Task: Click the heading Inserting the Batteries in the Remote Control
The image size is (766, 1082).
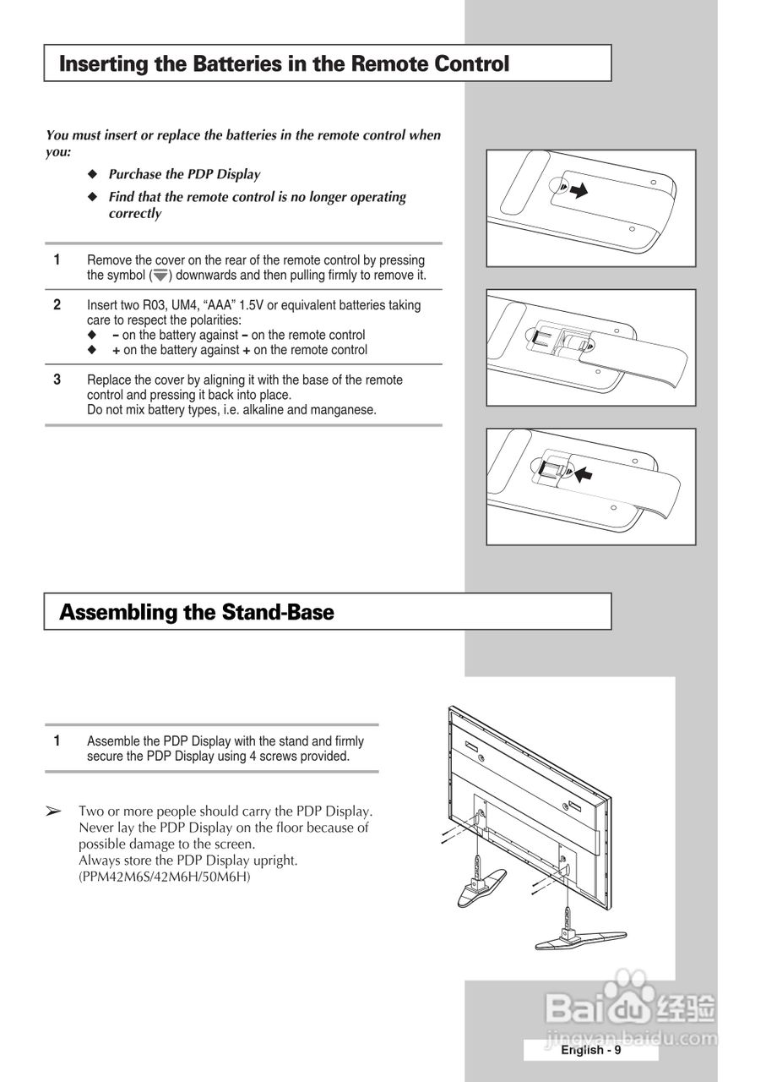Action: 284,63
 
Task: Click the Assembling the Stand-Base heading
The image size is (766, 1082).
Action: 197,612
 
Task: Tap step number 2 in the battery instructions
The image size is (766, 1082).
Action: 57,304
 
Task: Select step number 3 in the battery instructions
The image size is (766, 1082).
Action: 57,380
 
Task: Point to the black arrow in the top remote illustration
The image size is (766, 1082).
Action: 578,192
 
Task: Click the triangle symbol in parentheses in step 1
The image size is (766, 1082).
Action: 160,276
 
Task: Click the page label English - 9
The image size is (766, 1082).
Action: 591,1050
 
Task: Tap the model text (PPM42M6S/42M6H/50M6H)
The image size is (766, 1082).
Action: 165,877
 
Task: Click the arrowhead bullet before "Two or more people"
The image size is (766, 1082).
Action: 53,811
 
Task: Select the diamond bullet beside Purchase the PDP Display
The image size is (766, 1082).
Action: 94,175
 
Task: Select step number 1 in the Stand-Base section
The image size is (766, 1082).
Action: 57,740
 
